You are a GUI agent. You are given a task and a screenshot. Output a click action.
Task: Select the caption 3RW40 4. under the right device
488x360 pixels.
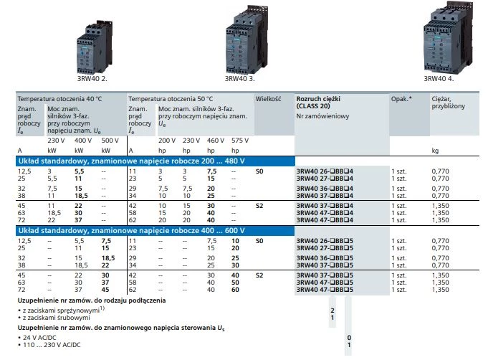pos(438,79)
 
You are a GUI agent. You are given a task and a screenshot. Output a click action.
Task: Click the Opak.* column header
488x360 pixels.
pos(401,98)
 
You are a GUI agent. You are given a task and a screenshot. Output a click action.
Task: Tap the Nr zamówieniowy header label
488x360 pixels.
pos(322,115)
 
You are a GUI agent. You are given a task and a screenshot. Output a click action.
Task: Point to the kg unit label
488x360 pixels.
pos(435,151)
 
